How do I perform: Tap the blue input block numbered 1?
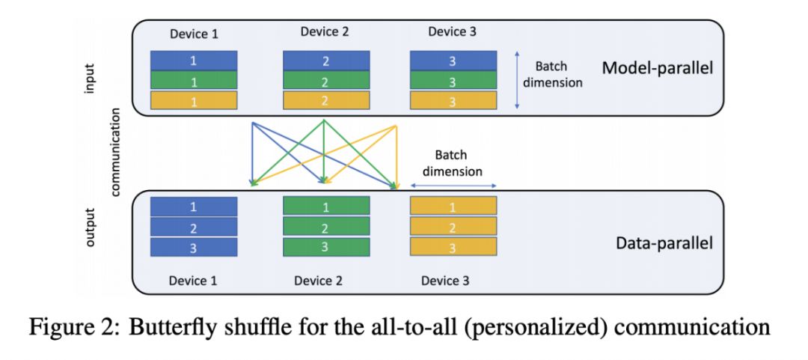tap(194, 60)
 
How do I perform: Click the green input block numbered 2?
tap(326, 80)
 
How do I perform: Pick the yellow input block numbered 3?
tap(453, 100)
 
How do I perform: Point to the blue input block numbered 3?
tap(453, 60)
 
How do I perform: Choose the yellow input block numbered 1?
tap(194, 100)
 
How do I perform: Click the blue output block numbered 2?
tap(194, 227)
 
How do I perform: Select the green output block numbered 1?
tap(326, 206)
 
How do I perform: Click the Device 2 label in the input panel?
tap(325, 32)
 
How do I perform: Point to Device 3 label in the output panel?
tap(445, 281)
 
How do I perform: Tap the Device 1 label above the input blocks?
tap(194, 34)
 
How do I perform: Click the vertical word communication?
tap(116, 152)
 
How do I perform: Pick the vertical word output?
tap(91, 228)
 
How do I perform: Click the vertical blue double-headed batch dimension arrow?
tap(518, 80)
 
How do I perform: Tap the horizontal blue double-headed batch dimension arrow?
tap(453, 186)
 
